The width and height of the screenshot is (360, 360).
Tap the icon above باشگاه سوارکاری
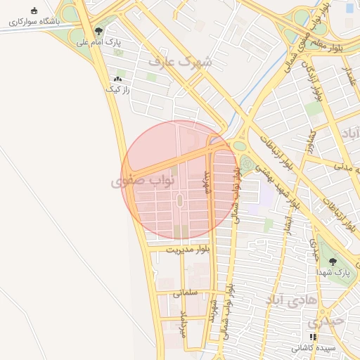[x=34, y=10]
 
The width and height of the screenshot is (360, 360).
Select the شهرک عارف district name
[x=179, y=62]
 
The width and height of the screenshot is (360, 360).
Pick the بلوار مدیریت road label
[x=188, y=250]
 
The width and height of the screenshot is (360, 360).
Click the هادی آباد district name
[x=288, y=300]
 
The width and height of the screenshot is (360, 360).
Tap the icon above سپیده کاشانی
[x=313, y=337]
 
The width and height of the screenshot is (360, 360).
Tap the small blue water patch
[x=349, y=8]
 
